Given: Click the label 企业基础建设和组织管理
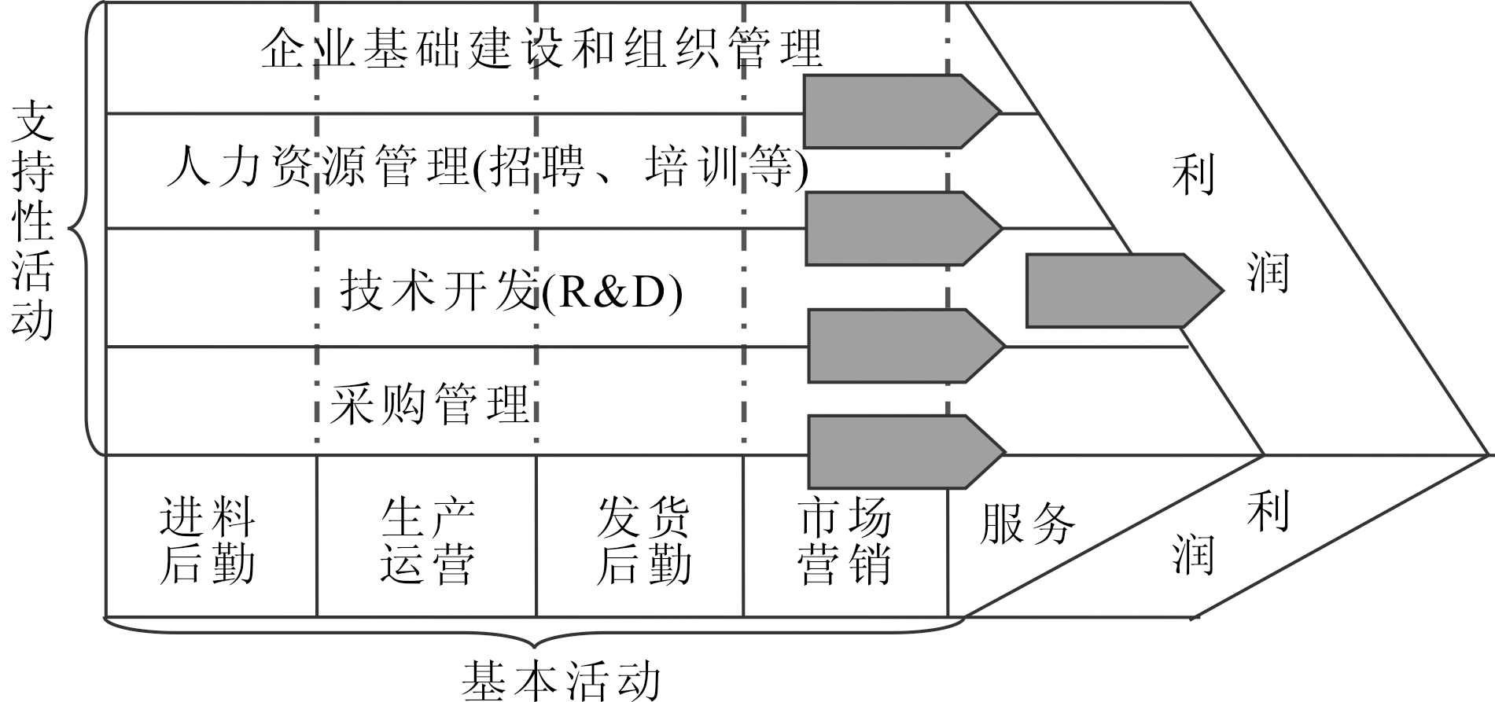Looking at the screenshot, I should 541,49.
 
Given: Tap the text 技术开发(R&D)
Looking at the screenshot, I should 511,292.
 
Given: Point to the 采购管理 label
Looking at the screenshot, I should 429,404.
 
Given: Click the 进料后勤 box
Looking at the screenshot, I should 208,540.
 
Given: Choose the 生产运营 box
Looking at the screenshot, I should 427,540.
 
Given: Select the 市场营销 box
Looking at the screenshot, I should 845,540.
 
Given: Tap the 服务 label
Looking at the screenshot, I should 1027,522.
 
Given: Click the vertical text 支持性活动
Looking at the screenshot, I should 33,220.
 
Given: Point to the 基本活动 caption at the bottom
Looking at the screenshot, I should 561,681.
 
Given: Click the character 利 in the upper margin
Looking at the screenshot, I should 1193,174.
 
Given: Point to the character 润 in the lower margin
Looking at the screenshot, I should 1193,554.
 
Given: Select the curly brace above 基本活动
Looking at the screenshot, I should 535,634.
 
